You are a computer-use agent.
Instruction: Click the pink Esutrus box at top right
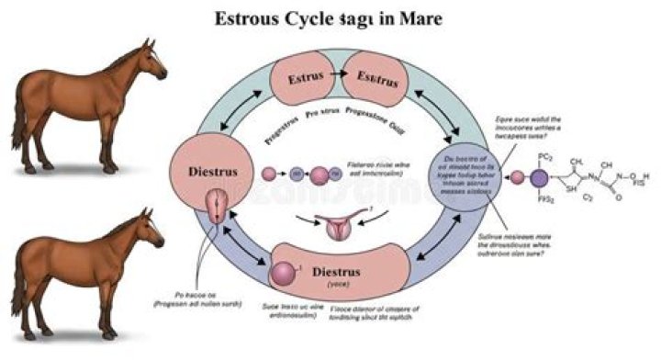pos(378,80)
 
